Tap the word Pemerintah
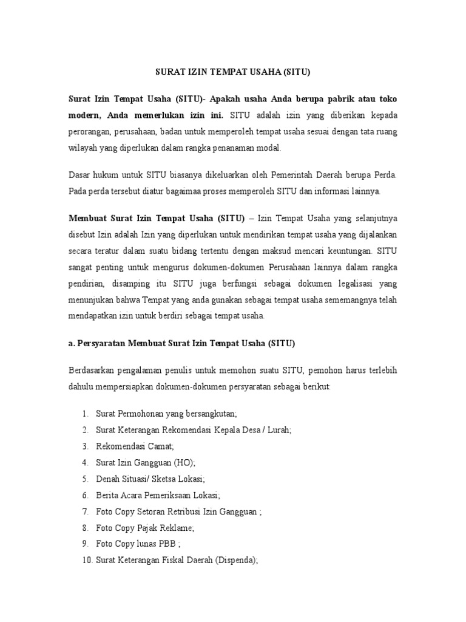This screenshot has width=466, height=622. [293, 174]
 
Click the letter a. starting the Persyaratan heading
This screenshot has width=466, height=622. [70, 343]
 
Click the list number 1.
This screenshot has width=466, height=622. [84, 414]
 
